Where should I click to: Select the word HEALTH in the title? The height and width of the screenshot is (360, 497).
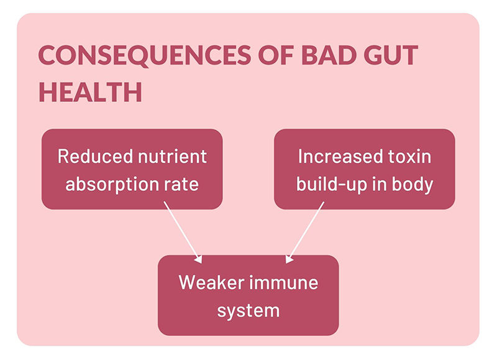[x=90, y=92]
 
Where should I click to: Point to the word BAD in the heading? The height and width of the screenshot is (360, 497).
[x=329, y=55]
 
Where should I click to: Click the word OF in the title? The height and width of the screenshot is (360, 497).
[x=276, y=55]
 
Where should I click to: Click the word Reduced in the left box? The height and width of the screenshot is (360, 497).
[x=95, y=156]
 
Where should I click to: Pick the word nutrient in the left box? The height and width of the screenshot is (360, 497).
[x=173, y=157]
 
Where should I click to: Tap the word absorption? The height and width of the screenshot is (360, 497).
[x=112, y=185]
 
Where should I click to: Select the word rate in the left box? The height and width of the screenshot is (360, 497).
[x=181, y=185]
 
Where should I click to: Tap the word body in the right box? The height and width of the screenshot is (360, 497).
[x=413, y=184]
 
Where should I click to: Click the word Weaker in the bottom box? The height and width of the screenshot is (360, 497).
[x=211, y=282]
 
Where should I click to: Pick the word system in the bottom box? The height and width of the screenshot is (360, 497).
[x=248, y=311]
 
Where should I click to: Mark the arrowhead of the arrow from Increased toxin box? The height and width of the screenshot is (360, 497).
[x=289, y=259]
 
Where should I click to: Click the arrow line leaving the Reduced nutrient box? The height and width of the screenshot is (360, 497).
[x=183, y=233]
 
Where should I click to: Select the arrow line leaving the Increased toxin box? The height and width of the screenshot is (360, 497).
[x=304, y=233]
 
